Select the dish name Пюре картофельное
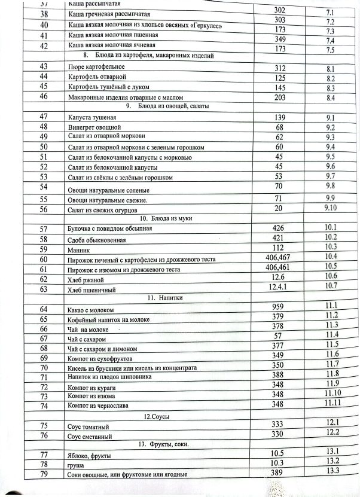[x=93, y=68]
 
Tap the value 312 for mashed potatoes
[x=280, y=68]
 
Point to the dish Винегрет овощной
[x=95, y=127]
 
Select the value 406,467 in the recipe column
[x=280, y=257]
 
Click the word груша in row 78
[x=77, y=464]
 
